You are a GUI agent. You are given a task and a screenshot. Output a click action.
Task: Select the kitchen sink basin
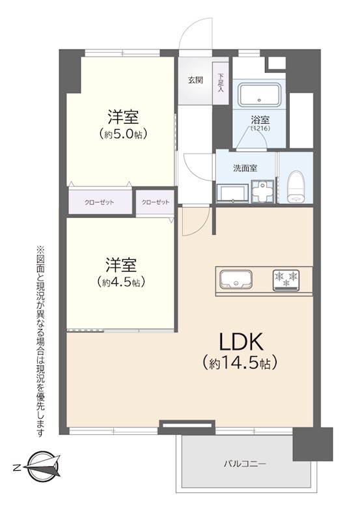[234, 279]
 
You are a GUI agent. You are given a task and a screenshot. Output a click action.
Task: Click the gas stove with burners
[286, 279]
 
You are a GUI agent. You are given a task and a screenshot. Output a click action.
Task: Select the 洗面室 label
[245, 167]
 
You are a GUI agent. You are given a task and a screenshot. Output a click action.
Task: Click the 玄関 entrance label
[195, 81]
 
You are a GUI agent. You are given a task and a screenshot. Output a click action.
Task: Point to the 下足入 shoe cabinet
[221, 83]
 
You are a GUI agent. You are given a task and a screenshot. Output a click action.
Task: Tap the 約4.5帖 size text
[121, 282]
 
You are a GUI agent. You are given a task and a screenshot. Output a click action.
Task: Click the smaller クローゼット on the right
[155, 202]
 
